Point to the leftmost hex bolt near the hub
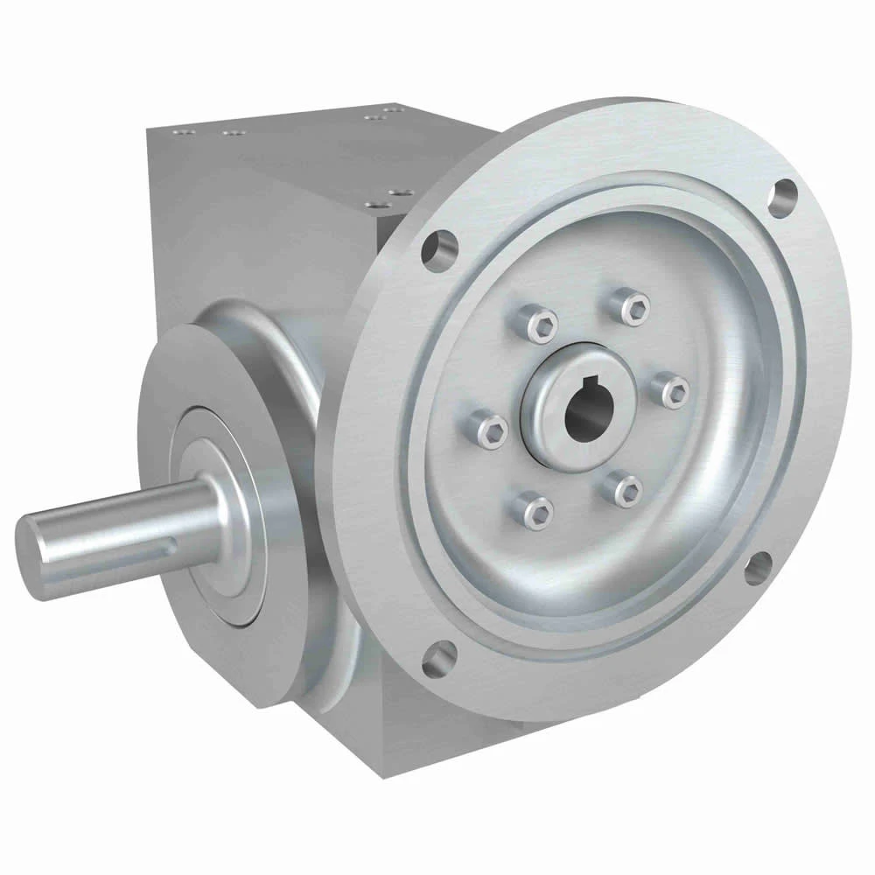pos(487,428)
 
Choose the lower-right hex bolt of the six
pos(626,488)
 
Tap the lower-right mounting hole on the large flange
pos(758,568)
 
